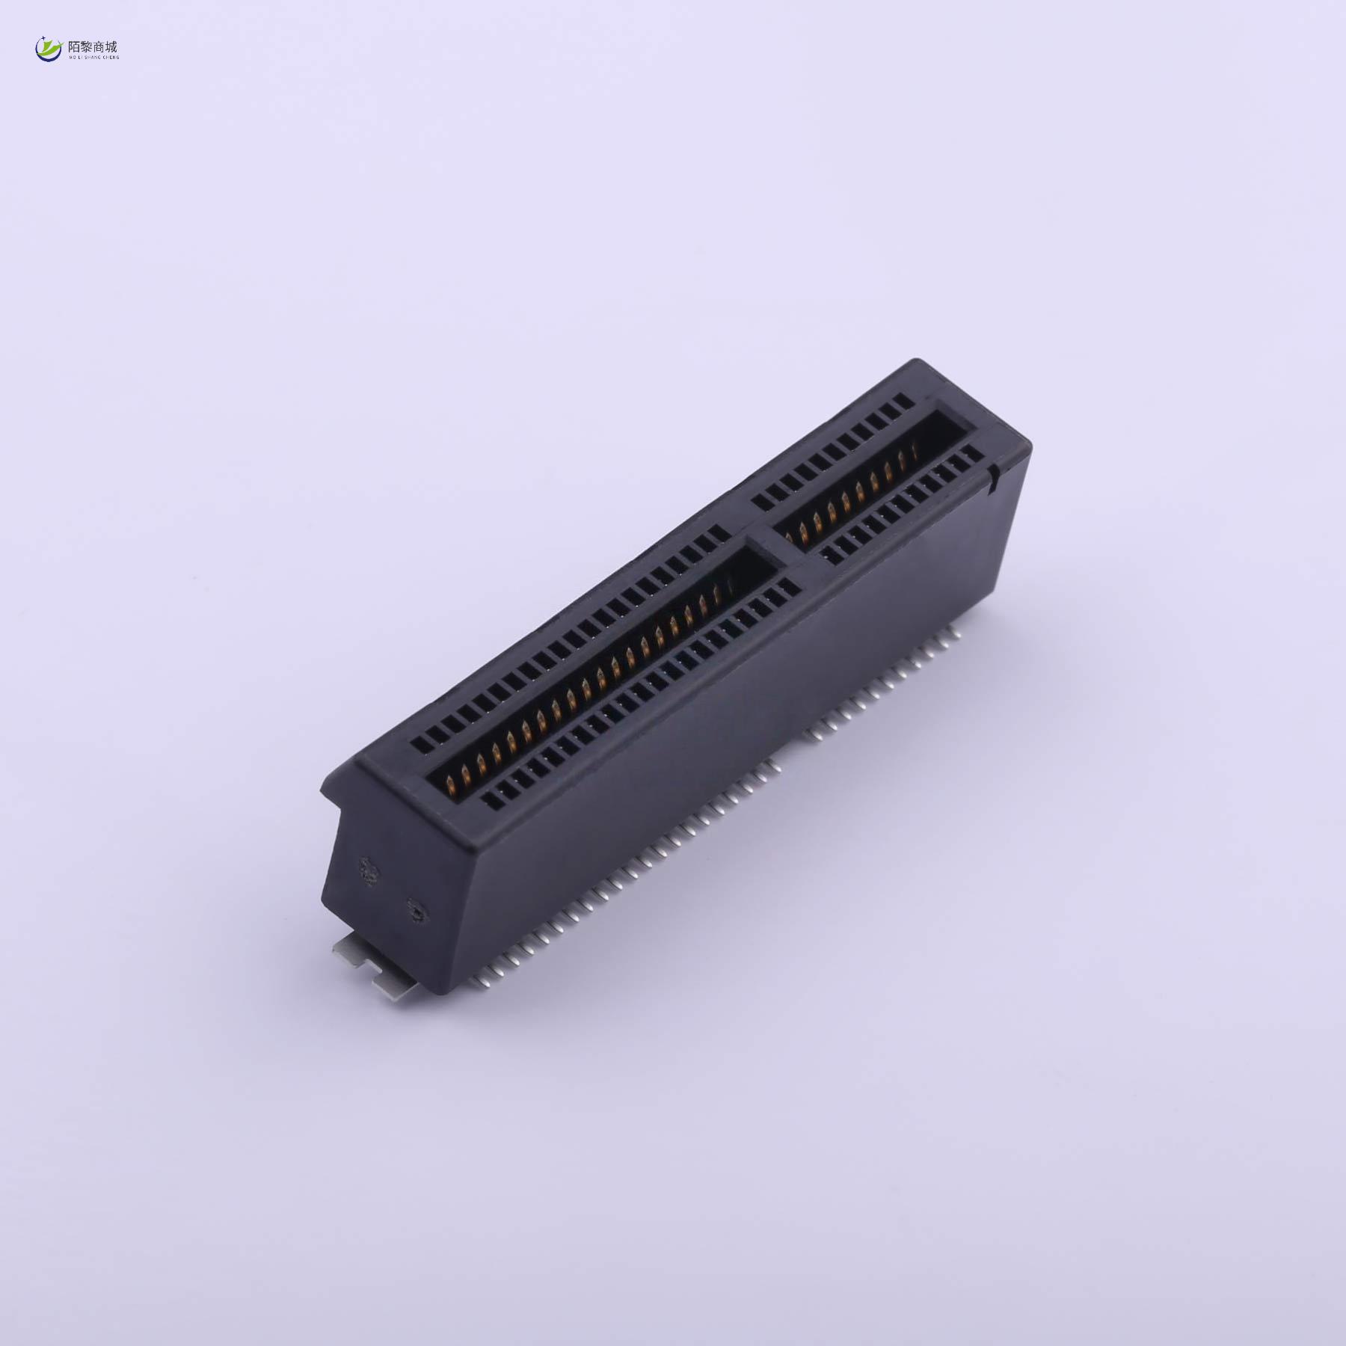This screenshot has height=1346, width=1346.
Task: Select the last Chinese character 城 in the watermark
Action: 111,46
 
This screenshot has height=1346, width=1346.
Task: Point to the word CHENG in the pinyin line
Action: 110,56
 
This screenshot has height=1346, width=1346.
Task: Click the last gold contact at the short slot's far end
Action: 914,453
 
